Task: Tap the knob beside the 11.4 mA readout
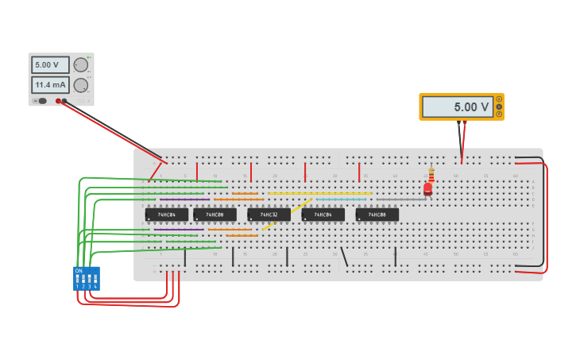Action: (x=81, y=85)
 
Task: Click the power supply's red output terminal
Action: (x=59, y=101)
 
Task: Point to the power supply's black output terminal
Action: (x=65, y=101)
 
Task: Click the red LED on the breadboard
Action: (x=427, y=189)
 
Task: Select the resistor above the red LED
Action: (x=431, y=175)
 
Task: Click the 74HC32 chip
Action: (x=269, y=215)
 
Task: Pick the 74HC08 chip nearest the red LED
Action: (x=377, y=215)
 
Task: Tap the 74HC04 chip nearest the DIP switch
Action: (x=167, y=215)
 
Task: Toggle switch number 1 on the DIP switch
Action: (x=78, y=279)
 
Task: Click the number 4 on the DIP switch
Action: (x=95, y=286)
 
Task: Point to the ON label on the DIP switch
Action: (x=78, y=271)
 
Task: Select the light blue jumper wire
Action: (x=342, y=199)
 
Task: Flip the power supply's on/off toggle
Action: (x=41, y=101)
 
